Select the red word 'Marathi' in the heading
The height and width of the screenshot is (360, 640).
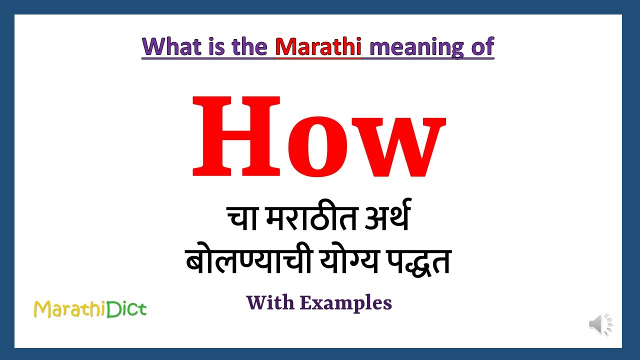[318, 46]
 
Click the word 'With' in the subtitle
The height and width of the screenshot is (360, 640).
[269, 302]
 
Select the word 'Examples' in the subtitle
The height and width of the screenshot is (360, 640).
[346, 302]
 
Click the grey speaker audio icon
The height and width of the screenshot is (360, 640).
[600, 324]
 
